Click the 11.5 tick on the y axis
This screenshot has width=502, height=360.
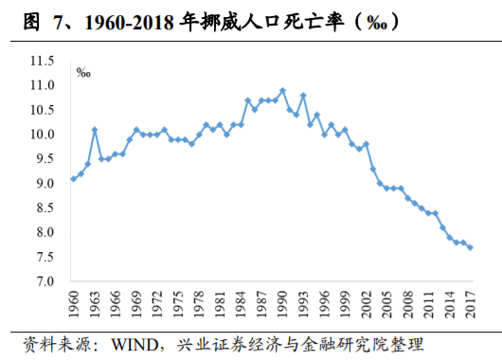pyautogui.click(x=43, y=61)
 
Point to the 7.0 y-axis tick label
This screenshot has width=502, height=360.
pyautogui.click(x=45, y=281)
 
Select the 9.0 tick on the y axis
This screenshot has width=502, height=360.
pyautogui.click(x=45, y=183)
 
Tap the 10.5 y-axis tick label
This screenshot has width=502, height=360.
pyautogui.click(x=43, y=110)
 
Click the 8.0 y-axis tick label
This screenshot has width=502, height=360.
pyautogui.click(x=45, y=232)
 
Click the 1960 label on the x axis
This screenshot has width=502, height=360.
pyautogui.click(x=74, y=305)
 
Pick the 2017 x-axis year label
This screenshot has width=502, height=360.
pyautogui.click(x=471, y=305)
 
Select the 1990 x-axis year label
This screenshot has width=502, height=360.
pyautogui.click(x=282, y=305)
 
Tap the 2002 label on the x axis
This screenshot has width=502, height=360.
pyautogui.click(x=366, y=305)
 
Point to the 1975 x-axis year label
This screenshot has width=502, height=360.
pyautogui.click(x=178, y=305)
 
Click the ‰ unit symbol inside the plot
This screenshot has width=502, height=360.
pyautogui.click(x=82, y=71)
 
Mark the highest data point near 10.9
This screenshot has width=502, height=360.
pyautogui.click(x=282, y=91)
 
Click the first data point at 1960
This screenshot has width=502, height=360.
pyautogui.click(x=74, y=178)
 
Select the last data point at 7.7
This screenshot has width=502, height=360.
pyautogui.click(x=471, y=247)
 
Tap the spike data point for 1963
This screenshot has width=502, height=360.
pyautogui.click(x=95, y=129)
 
